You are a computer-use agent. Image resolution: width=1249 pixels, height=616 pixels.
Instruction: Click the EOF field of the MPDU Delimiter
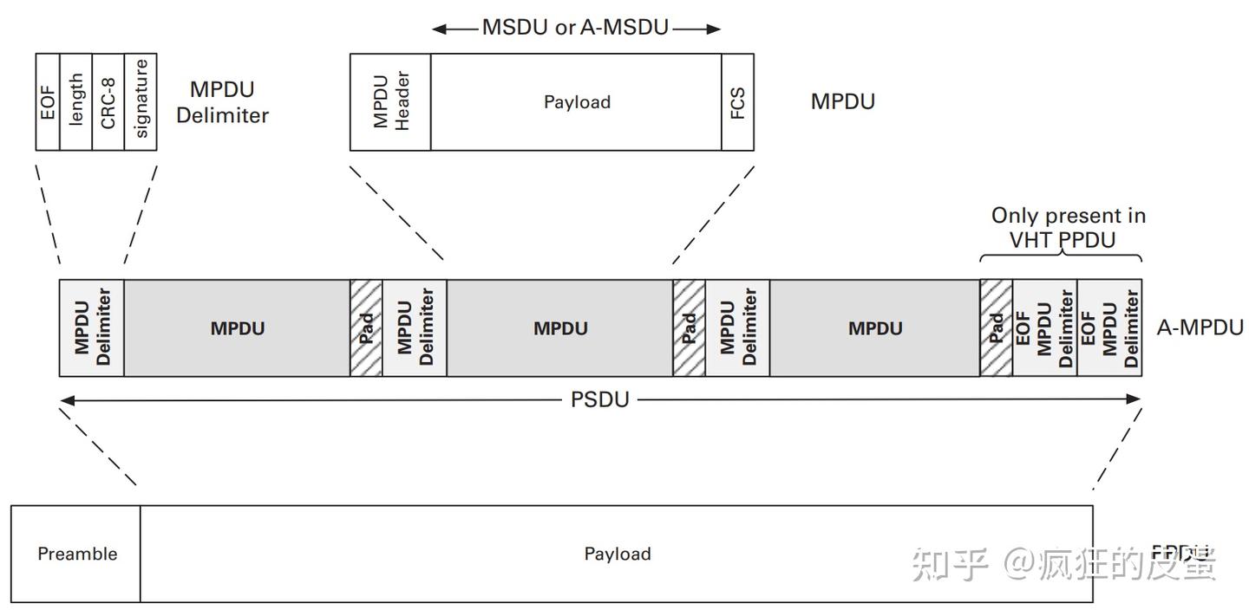[x=48, y=101]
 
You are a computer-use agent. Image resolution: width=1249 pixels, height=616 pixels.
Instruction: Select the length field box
[x=76, y=101]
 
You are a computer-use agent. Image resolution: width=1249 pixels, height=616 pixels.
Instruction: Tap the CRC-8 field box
[x=108, y=101]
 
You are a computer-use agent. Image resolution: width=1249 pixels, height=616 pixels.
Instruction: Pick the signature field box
[x=141, y=101]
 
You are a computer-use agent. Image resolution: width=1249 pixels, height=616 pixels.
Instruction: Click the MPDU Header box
[x=390, y=101]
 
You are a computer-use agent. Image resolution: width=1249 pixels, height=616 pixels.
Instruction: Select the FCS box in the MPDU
[x=738, y=101]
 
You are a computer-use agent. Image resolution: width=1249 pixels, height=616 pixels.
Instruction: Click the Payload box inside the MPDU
[x=577, y=101]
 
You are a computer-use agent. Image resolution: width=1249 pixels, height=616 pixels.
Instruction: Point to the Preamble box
[x=76, y=554]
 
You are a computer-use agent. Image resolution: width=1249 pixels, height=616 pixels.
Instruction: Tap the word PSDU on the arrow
[x=599, y=400]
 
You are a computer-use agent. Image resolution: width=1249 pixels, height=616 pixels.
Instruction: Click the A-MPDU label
[x=1200, y=327]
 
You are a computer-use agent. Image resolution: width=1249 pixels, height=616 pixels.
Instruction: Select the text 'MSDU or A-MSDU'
[x=576, y=28]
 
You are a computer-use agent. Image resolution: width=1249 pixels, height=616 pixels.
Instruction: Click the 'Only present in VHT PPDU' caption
[x=1068, y=227]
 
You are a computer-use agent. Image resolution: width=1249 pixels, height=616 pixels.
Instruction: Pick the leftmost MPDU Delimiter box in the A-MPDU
[x=92, y=328]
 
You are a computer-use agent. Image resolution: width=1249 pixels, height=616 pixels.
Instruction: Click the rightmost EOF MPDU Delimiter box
[x=1109, y=328]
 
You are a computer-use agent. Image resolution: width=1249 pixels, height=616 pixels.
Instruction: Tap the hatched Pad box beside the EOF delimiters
[x=997, y=328]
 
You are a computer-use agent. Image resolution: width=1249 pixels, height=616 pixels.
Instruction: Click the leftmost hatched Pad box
[x=366, y=328]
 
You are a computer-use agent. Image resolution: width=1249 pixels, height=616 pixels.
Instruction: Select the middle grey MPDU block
[x=560, y=328]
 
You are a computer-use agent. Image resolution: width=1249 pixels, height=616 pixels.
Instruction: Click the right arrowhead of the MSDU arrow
[x=714, y=29]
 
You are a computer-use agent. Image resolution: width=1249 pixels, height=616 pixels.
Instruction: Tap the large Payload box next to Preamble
[x=617, y=554]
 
